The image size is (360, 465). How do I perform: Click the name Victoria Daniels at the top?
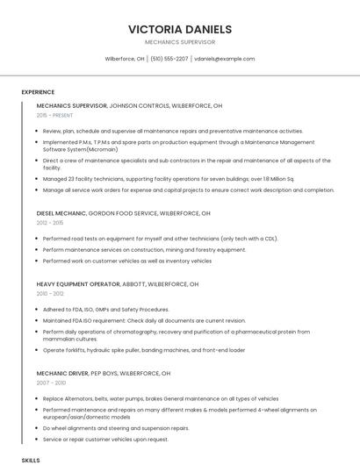tap(180, 29)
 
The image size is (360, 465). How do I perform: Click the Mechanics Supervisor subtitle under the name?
tap(180, 42)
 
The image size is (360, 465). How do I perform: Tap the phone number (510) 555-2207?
tap(169, 59)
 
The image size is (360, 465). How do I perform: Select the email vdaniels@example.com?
tap(225, 59)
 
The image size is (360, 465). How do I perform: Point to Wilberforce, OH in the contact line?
tap(125, 59)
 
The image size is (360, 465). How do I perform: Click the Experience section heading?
tap(38, 92)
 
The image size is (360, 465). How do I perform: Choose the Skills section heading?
tap(31, 460)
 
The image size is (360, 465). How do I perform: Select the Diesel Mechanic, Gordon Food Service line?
tap(123, 213)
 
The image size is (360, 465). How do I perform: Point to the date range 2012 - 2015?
tap(50, 223)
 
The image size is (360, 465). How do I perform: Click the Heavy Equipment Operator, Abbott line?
tap(118, 284)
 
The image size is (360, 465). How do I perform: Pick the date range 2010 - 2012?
tap(50, 294)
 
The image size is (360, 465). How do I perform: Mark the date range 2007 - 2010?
tap(51, 383)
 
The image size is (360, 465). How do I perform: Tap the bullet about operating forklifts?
tap(143, 350)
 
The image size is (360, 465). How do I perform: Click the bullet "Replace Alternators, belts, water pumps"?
tap(160, 398)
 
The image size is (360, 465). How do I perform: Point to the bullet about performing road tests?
tap(160, 238)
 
